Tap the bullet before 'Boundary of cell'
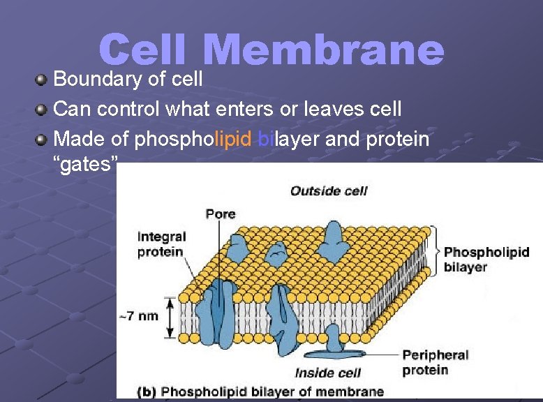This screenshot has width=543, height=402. pyautogui.click(x=43, y=79)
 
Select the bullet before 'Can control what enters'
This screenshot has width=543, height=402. pyautogui.click(x=43, y=110)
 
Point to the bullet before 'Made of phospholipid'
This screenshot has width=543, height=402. pyautogui.click(x=43, y=140)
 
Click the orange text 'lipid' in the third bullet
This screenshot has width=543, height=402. pyautogui.click(x=233, y=139)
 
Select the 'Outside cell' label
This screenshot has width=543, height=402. pyautogui.click(x=328, y=191)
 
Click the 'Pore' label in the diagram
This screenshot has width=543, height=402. pyautogui.click(x=221, y=214)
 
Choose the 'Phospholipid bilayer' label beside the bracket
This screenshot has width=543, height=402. pyautogui.click(x=486, y=259)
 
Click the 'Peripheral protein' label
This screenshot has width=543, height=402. pyautogui.click(x=435, y=362)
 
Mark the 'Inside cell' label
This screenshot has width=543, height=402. pyautogui.click(x=327, y=373)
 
